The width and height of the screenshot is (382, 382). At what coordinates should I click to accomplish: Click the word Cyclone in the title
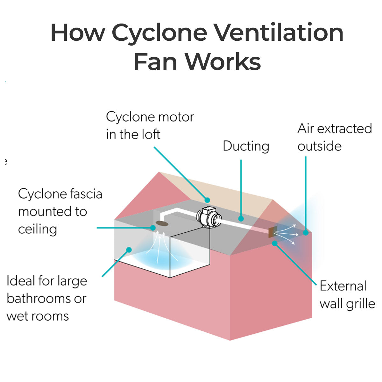(x=159, y=33)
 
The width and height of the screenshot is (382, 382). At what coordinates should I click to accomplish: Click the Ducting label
(x=246, y=146)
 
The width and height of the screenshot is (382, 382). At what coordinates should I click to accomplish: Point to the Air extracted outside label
(x=334, y=137)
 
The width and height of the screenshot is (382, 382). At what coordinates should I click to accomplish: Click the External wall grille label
(x=347, y=295)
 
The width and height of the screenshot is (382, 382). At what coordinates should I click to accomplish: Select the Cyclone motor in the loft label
(x=150, y=125)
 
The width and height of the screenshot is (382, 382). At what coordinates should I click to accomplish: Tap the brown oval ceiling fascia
(x=162, y=223)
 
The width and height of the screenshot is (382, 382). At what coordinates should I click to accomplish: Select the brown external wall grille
(x=272, y=232)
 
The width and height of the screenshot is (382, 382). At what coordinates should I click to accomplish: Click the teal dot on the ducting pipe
(x=241, y=219)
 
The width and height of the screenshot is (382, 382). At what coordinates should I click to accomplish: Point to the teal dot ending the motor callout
(x=207, y=200)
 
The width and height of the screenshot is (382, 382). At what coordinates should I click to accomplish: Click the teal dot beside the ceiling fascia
(x=153, y=228)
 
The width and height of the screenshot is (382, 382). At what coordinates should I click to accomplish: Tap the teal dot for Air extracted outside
(x=306, y=233)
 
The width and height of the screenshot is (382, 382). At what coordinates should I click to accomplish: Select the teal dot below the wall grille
(x=275, y=243)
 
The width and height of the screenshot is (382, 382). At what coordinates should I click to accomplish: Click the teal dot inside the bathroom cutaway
(x=129, y=250)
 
